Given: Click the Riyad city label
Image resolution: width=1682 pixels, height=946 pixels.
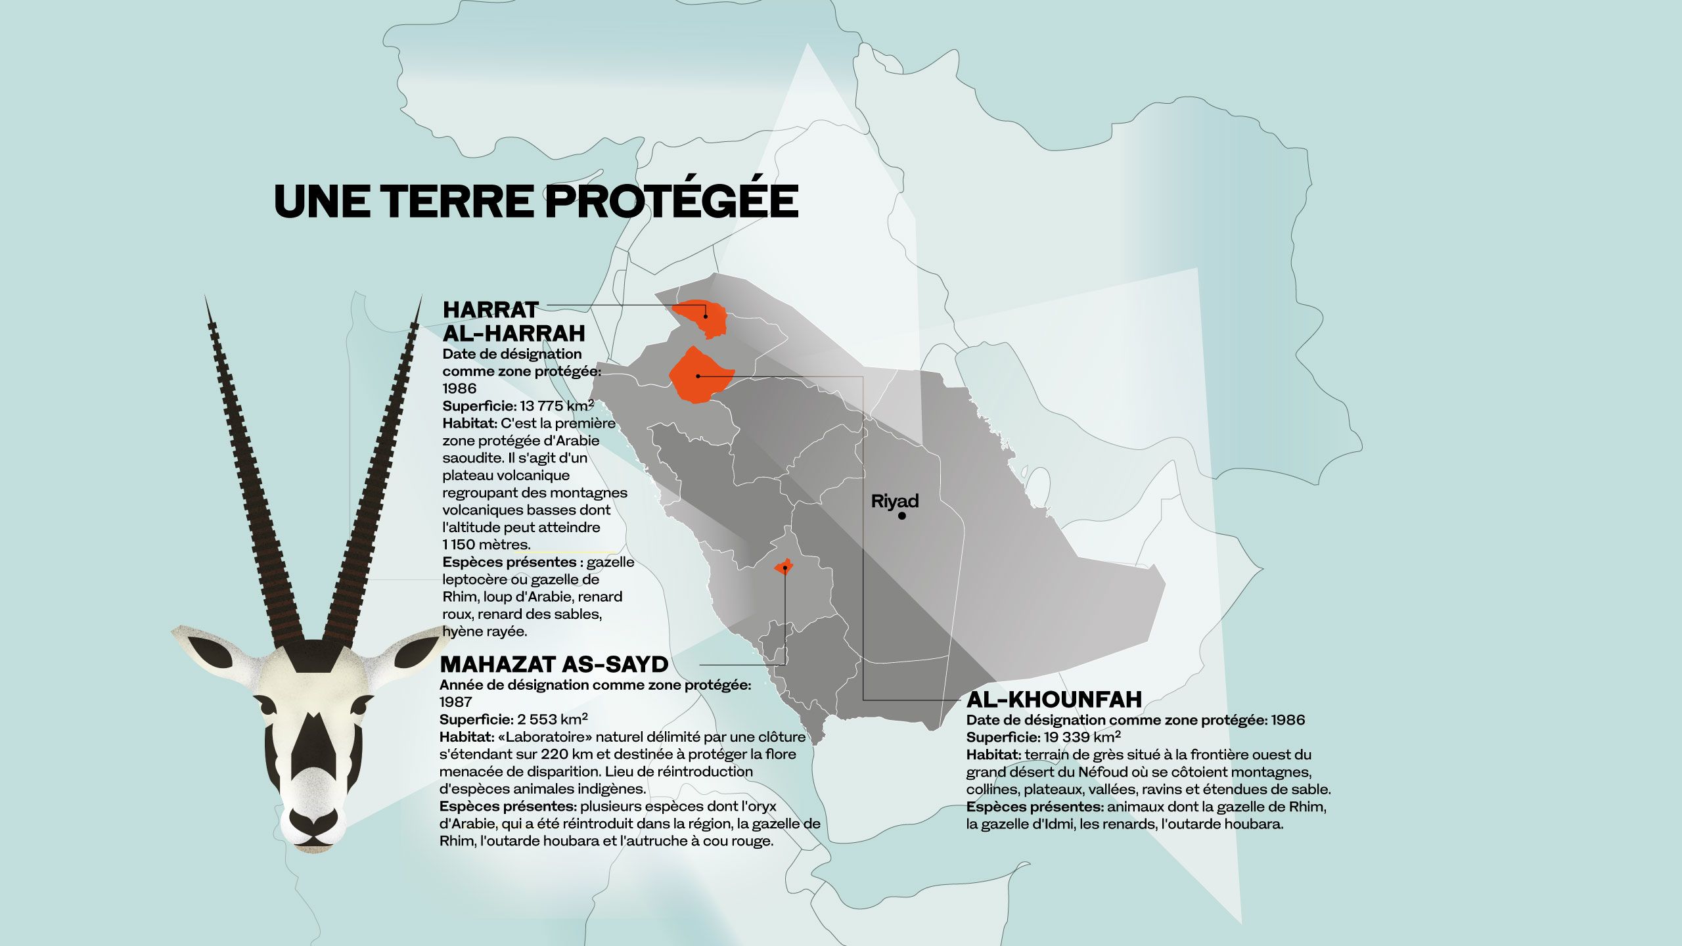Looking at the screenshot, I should [894, 501].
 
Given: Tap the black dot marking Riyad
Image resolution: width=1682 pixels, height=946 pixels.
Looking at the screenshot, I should [902, 516].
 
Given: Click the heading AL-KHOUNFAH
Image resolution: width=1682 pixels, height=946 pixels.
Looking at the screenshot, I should [1054, 698].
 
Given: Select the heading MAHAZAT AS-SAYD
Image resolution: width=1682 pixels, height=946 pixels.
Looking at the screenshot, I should [554, 664].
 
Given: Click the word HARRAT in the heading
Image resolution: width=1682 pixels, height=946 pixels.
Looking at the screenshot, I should [490, 309].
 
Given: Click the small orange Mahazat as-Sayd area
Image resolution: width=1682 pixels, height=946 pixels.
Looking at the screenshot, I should [783, 568].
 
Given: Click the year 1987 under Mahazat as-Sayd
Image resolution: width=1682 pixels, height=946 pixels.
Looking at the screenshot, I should [455, 702].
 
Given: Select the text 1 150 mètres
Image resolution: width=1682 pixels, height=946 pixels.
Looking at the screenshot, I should [486, 545].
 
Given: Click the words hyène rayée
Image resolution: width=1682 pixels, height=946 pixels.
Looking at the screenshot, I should [485, 631].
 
